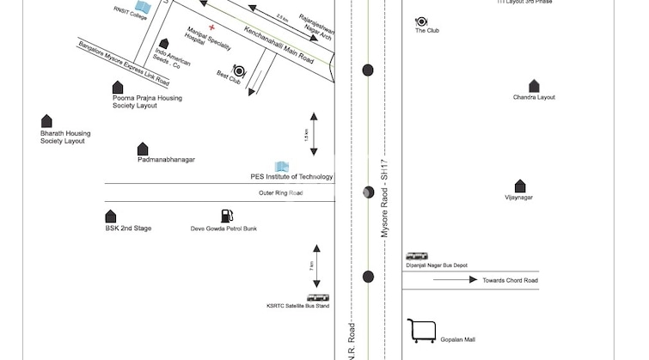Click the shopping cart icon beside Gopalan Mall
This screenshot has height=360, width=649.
coord(420,331)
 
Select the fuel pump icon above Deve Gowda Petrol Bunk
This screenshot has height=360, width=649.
coord(225,216)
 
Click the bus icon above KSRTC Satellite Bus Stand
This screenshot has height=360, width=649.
coord(317,297)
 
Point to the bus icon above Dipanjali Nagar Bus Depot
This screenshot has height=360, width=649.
coord(417,256)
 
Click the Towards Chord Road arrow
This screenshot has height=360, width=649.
coord(456,279)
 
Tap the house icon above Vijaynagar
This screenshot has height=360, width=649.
coord(519,186)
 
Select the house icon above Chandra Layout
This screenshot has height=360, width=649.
coord(534,86)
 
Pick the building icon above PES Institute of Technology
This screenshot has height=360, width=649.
coord(281,166)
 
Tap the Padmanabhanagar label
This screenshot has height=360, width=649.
coord(166,160)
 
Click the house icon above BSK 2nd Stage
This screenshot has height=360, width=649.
coord(111,217)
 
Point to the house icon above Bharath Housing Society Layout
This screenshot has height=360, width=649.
coord(46,121)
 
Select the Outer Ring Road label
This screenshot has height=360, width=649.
coord(281,192)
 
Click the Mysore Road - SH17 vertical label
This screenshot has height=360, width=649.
coord(386,199)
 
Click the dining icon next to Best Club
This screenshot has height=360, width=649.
coord(239,71)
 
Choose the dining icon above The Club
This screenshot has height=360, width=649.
coord(421,21)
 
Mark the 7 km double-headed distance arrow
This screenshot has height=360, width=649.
coord(316,267)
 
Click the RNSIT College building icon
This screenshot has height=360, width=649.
coord(144,8)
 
